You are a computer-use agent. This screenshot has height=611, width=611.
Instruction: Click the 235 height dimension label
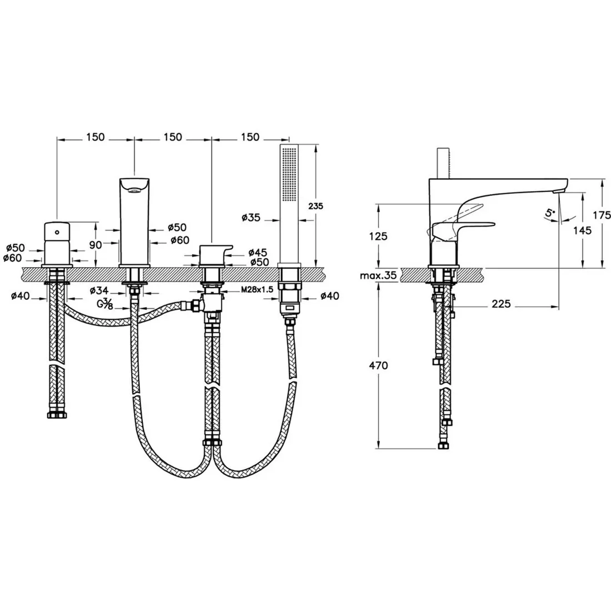tap(315, 206)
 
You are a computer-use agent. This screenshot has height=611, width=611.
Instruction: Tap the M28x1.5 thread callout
tap(257, 289)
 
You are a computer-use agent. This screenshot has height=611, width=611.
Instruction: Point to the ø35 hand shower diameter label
tap(251, 217)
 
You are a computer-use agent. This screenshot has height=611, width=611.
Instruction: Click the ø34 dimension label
tap(99, 291)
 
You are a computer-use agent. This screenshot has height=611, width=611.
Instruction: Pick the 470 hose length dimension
tap(378, 365)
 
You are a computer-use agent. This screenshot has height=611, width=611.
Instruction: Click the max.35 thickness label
tap(378, 276)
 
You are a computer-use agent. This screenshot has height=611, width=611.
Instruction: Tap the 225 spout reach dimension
tap(500, 303)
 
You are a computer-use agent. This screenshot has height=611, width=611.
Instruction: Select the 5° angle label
tap(550, 213)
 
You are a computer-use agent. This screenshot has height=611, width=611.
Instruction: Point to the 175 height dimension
tap(602, 214)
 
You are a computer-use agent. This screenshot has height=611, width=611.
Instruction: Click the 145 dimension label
tap(582, 231)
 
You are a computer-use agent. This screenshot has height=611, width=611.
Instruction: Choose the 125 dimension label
tap(378, 236)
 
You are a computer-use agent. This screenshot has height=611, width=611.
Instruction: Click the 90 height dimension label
tap(96, 244)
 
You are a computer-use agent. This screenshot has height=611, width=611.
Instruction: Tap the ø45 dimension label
tap(258, 252)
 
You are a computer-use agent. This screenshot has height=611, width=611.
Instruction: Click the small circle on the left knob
tap(57, 232)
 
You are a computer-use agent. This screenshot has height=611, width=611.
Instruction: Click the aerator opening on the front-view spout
tap(134, 191)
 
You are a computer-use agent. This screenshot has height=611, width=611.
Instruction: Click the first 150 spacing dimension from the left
tap(96, 137)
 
